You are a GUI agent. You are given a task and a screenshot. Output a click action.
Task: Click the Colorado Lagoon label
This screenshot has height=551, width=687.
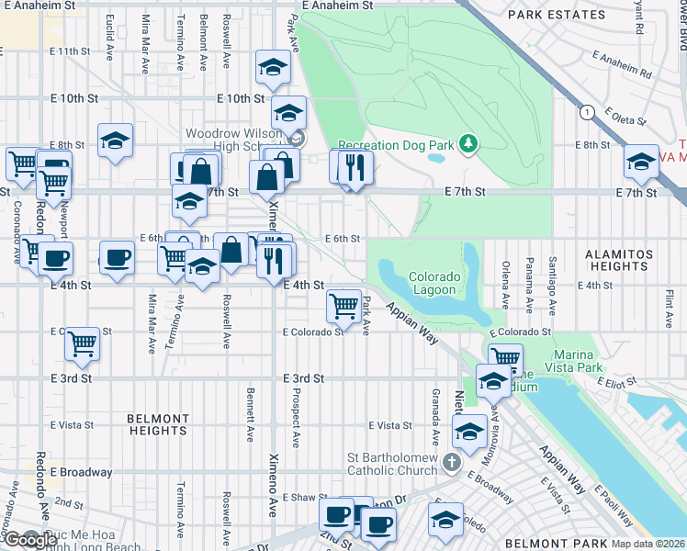coord(432,283)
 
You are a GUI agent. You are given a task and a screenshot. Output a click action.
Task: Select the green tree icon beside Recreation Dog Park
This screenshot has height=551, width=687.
coord(468,143)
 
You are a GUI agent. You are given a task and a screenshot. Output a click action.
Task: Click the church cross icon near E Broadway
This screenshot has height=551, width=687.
coord(451,462)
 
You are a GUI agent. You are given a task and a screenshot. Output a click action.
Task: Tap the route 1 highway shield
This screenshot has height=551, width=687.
coord(587,112)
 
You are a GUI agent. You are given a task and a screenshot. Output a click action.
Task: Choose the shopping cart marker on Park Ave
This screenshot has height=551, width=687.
coord(343,305)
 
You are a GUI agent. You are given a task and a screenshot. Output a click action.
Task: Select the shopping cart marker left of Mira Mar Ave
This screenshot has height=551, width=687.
coord(83,343)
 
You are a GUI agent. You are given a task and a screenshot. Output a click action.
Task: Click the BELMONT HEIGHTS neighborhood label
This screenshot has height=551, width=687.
coord(157,424)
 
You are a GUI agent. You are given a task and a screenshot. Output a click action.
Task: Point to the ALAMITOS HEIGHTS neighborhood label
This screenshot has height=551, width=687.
coord(619,260)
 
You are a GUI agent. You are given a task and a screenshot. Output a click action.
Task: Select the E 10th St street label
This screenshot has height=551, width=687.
coord(241,98)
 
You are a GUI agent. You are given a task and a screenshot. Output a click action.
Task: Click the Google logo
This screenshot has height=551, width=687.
coord(30,540)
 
